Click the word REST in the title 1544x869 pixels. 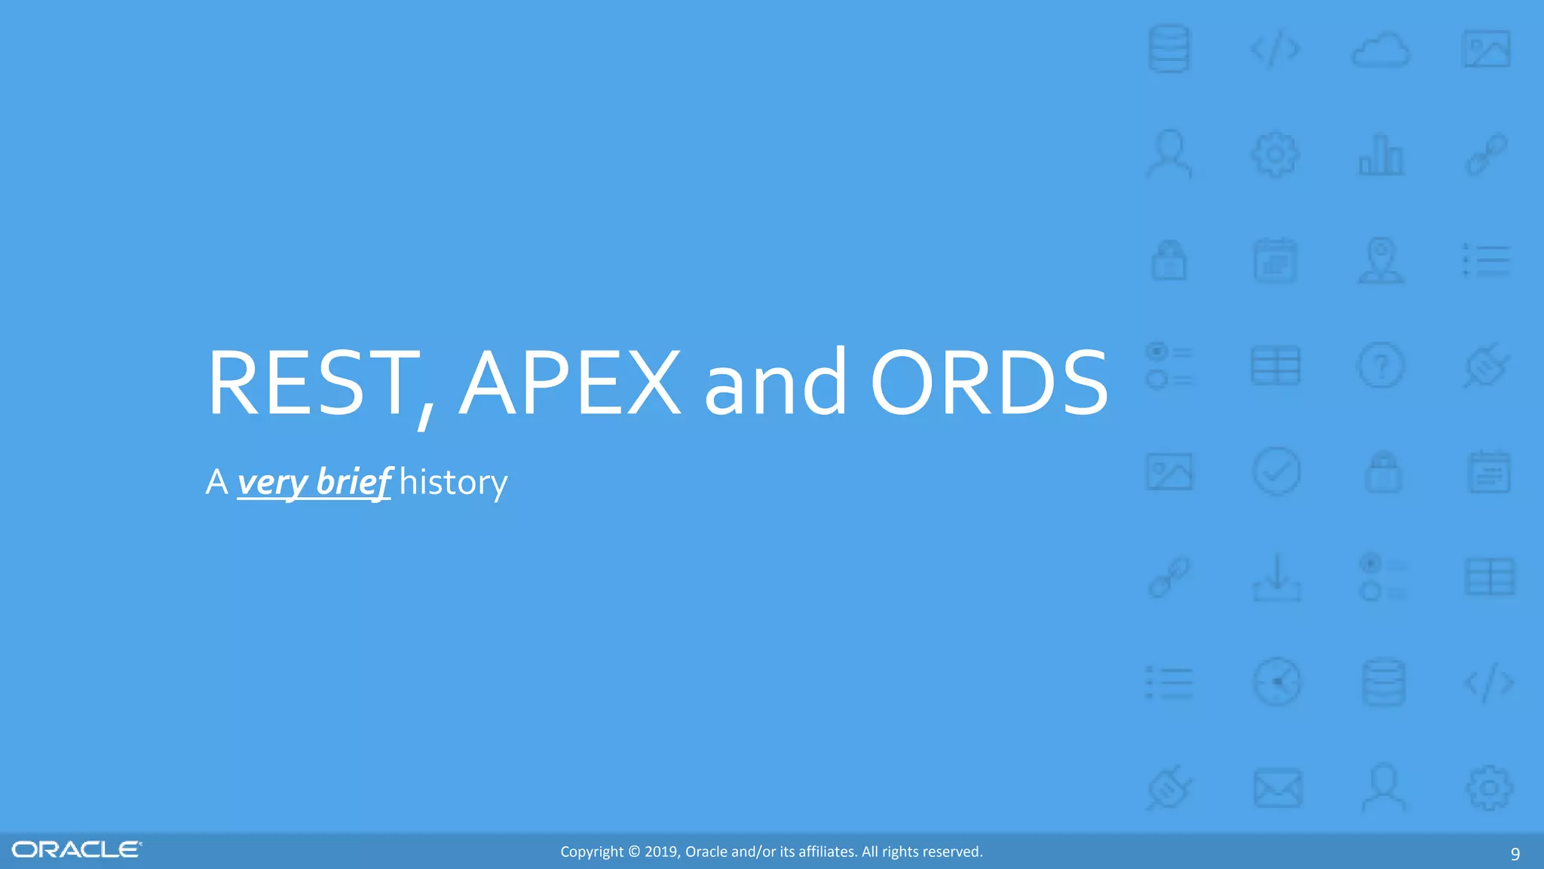tap(311, 382)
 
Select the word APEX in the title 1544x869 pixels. tap(570, 382)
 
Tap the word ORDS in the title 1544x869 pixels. tap(989, 382)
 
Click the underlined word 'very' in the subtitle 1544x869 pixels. tap(272, 482)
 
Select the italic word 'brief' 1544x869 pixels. tap(353, 481)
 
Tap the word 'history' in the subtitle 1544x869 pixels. tap(453, 483)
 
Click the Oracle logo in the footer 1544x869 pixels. tap(76, 850)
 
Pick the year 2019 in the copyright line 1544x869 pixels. tap(661, 852)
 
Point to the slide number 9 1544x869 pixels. tap(1515, 854)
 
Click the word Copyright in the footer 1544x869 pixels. tap(592, 852)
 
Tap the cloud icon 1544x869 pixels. tap(1380, 51)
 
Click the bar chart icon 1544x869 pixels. tap(1381, 155)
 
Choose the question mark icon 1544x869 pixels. tap(1381, 367)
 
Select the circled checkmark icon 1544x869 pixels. tap(1276, 472)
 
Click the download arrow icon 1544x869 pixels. tap(1276, 578)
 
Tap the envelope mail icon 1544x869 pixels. tap(1277, 788)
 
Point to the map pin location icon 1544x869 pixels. tap(1381, 260)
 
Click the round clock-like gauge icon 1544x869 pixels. tap(1276, 683)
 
